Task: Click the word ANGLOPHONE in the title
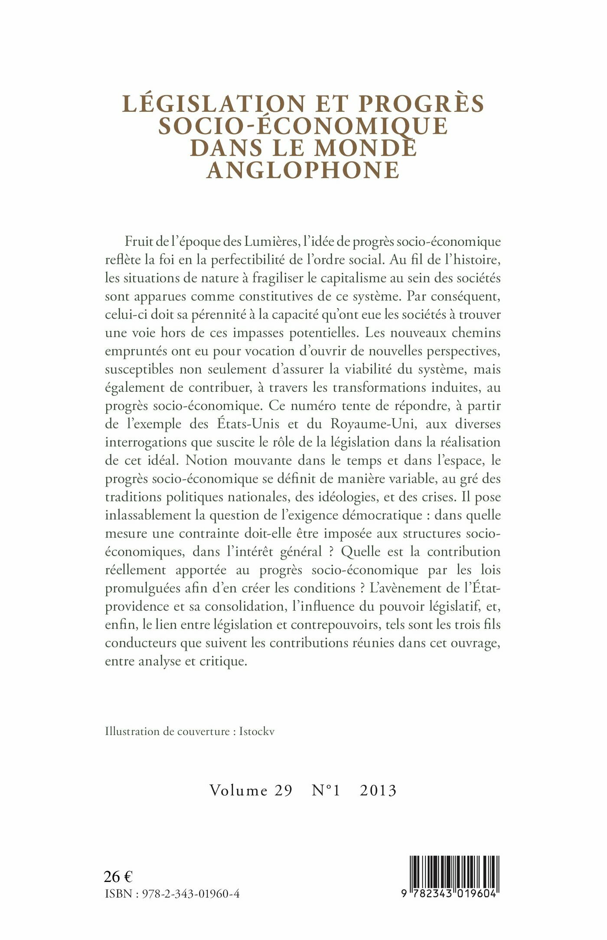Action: [303, 170]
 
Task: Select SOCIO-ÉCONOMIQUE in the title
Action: [303, 126]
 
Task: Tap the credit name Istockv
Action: [257, 732]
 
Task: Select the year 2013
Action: [378, 790]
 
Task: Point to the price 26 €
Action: [118, 876]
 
